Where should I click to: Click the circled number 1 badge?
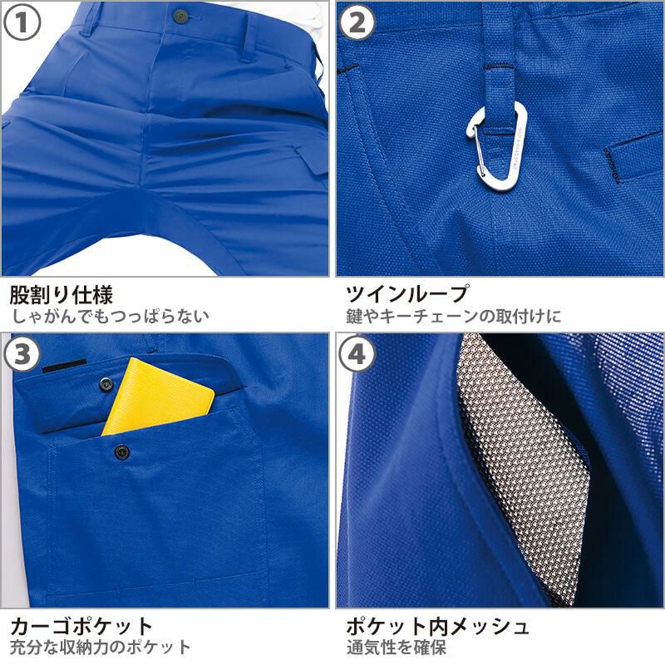click(22, 22)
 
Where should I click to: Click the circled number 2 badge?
click(357, 22)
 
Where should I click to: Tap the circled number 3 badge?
click(22, 354)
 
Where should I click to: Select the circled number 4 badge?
click(357, 354)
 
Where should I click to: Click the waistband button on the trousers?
click(181, 16)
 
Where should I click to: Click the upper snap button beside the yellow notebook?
click(106, 384)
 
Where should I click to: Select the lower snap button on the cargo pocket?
click(122, 451)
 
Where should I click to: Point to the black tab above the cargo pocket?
click(65, 366)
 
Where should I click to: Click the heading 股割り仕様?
click(62, 294)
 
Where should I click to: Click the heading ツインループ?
click(407, 293)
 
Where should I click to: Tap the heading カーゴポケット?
click(81, 626)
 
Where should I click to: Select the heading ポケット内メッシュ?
click(437, 626)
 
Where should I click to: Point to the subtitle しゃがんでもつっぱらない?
click(110, 317)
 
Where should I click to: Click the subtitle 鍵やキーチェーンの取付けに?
click(453, 317)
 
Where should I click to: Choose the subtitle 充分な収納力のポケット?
click(100, 648)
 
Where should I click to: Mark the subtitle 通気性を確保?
click(397, 648)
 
